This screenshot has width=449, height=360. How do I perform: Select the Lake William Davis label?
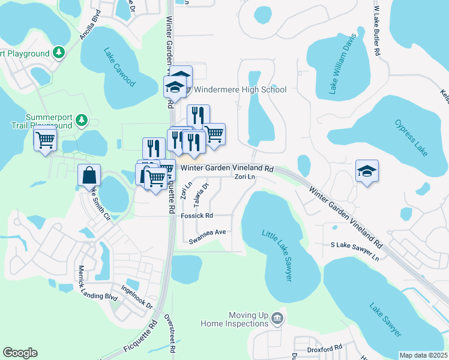point(343,64)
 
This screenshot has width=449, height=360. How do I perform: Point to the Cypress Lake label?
point(411,138)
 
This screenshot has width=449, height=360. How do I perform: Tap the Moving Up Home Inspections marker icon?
point(277,317)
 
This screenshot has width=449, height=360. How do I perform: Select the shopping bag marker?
point(89,175)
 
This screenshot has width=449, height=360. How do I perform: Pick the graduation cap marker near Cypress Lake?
point(367,171)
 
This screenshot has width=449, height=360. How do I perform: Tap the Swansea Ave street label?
point(207,236)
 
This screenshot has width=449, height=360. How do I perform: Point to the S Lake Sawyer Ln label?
point(355,251)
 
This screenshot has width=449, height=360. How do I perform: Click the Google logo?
point(20,353)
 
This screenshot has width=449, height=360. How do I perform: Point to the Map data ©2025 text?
point(424,355)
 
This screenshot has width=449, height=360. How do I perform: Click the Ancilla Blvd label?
point(91,28)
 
